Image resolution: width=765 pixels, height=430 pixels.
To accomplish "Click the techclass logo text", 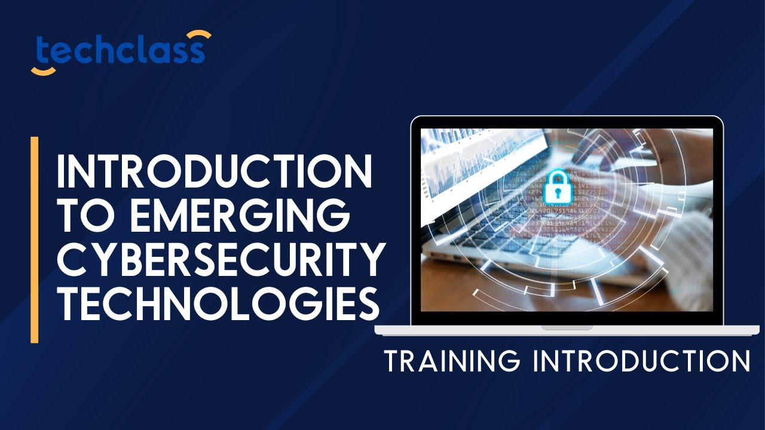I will [120, 52].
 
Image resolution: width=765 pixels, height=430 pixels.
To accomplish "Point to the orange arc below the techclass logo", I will [43, 71].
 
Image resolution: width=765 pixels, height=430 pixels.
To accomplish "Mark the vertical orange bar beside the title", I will [35, 239].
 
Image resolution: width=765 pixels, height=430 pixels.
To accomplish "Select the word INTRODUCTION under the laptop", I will [640, 362].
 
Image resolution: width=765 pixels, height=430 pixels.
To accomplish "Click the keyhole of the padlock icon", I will [557, 192].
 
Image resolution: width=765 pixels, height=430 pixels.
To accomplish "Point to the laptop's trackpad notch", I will [567, 327].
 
